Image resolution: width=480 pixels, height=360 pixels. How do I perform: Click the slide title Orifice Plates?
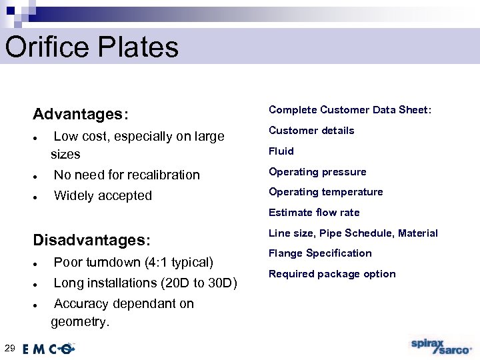pyautogui.click(x=92, y=47)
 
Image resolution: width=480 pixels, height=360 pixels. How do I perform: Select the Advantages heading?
pyautogui.click(x=80, y=114)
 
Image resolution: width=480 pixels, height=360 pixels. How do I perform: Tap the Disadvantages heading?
pyautogui.click(x=92, y=239)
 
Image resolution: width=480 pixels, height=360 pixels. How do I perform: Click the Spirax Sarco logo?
pyautogui.click(x=441, y=347)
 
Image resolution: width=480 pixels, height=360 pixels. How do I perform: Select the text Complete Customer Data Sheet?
pyautogui.click(x=350, y=110)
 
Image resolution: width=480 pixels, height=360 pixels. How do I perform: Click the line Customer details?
pyautogui.click(x=311, y=131)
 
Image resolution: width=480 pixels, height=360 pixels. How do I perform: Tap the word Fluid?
pyautogui.click(x=281, y=151)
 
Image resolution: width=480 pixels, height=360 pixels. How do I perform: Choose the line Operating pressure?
pyautogui.click(x=317, y=172)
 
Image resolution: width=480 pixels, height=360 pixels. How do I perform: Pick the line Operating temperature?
pyautogui.click(x=325, y=192)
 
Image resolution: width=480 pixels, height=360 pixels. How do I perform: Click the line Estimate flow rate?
pyautogui.click(x=314, y=213)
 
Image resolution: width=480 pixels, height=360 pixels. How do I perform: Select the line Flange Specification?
pyautogui.click(x=320, y=253)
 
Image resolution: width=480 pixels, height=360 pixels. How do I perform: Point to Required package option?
pyautogui.click(x=332, y=274)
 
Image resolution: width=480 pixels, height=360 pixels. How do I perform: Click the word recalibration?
pyautogui.click(x=164, y=175)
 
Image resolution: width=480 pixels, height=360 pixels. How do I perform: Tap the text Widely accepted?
pyautogui.click(x=103, y=196)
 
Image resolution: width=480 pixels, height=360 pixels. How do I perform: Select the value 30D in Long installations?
pyautogui.click(x=221, y=283)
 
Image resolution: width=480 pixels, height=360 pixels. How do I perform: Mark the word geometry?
pyautogui.click(x=80, y=322)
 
